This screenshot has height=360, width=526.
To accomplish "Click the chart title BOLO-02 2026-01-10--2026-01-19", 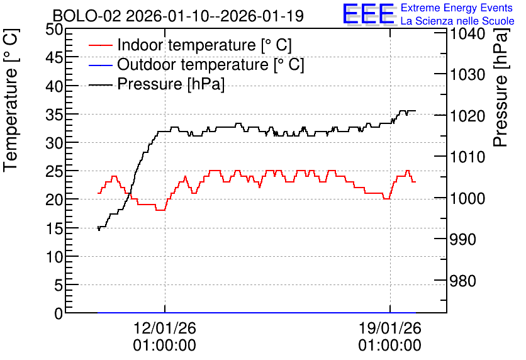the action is coord(178,16).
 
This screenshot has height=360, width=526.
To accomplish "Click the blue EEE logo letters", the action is coord(368,14).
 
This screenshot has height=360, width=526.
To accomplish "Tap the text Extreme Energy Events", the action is coord(457,8).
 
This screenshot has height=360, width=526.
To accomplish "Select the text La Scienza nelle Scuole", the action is coord(457,21).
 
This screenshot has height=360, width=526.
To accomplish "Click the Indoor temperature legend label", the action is coord(204,45).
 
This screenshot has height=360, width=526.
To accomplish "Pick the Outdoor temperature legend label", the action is coord(211,64).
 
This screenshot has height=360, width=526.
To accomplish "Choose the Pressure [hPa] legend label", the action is coord(171,84).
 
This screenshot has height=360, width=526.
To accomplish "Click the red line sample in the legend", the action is coord(101,45).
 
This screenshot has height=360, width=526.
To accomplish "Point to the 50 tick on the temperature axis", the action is coord(54,30).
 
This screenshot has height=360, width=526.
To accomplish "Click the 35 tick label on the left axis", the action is coord(54,115).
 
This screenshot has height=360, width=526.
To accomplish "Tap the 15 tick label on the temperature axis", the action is coord(54,229).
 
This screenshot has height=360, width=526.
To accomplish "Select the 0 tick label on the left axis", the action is coord(59,313).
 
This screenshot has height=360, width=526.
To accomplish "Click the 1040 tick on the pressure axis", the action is coord(467,33).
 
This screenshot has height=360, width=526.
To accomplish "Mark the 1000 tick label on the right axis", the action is coord(467,198).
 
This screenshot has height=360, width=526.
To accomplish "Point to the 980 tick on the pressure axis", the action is coord(462,281).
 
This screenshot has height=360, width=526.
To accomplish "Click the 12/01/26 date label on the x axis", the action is coord(165,328).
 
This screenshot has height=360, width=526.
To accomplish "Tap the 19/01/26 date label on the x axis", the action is coord(390,328).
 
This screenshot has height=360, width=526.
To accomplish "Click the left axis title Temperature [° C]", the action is coord(11,101).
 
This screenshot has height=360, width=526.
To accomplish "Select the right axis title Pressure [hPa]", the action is coord(501,87).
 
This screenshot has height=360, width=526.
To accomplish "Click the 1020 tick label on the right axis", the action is coord(467,116).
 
